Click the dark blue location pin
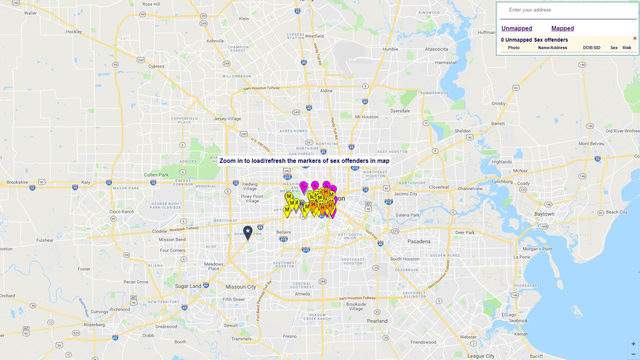[248, 233]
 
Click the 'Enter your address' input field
[565, 9]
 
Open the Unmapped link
[517, 28]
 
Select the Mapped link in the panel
[562, 28]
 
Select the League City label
[481, 355]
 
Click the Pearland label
[376, 321]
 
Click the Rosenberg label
[93, 324]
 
